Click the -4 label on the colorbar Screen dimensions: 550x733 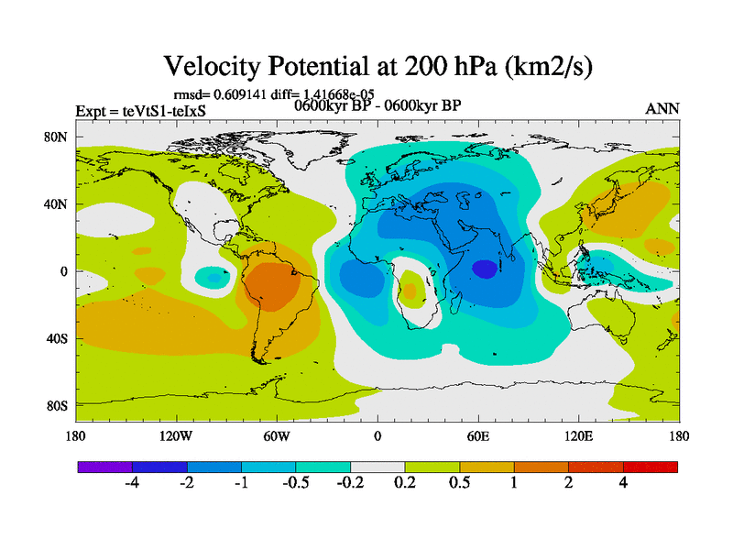pyautogui.click(x=131, y=483)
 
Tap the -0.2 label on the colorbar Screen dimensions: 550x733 pyautogui.click(x=350, y=483)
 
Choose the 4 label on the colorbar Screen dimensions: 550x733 pyautogui.click(x=623, y=483)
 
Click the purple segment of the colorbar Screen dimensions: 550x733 pyautogui.click(x=104, y=467)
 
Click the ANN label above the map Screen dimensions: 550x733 pyautogui.click(x=662, y=108)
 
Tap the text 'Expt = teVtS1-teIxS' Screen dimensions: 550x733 pyautogui.click(x=140, y=112)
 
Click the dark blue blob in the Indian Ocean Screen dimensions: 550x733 pyautogui.click(x=485, y=269)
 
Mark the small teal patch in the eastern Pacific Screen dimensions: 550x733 pyautogui.click(x=214, y=276)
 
